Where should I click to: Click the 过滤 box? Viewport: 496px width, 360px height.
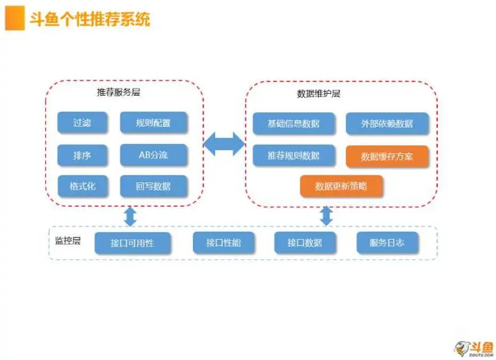click(82, 122)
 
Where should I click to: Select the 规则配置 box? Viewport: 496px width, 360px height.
click(153, 122)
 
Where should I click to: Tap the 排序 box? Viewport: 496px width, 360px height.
click(82, 155)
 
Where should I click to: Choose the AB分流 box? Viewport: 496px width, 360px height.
click(153, 155)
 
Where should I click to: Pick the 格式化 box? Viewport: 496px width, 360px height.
click(82, 186)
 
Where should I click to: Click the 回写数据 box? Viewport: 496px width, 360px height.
click(153, 186)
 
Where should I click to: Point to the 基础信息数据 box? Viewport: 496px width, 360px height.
click(294, 123)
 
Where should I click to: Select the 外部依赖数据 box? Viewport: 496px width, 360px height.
click(387, 123)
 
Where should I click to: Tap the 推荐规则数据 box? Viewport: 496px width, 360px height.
click(294, 155)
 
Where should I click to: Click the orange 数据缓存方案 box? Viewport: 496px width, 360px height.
click(387, 156)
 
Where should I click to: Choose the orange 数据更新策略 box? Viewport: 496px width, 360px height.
click(341, 186)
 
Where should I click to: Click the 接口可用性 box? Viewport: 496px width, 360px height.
click(133, 243)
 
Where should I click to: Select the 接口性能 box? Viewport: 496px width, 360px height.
click(223, 243)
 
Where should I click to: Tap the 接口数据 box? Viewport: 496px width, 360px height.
click(305, 243)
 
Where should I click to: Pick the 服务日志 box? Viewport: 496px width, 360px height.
click(387, 243)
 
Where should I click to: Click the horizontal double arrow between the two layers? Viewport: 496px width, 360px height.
click(224, 144)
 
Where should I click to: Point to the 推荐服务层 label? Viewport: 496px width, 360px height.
click(118, 92)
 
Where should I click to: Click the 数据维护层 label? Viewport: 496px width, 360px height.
click(319, 94)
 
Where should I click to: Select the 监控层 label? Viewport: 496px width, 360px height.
click(68, 241)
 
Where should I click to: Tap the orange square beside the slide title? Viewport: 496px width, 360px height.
click(15, 18)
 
